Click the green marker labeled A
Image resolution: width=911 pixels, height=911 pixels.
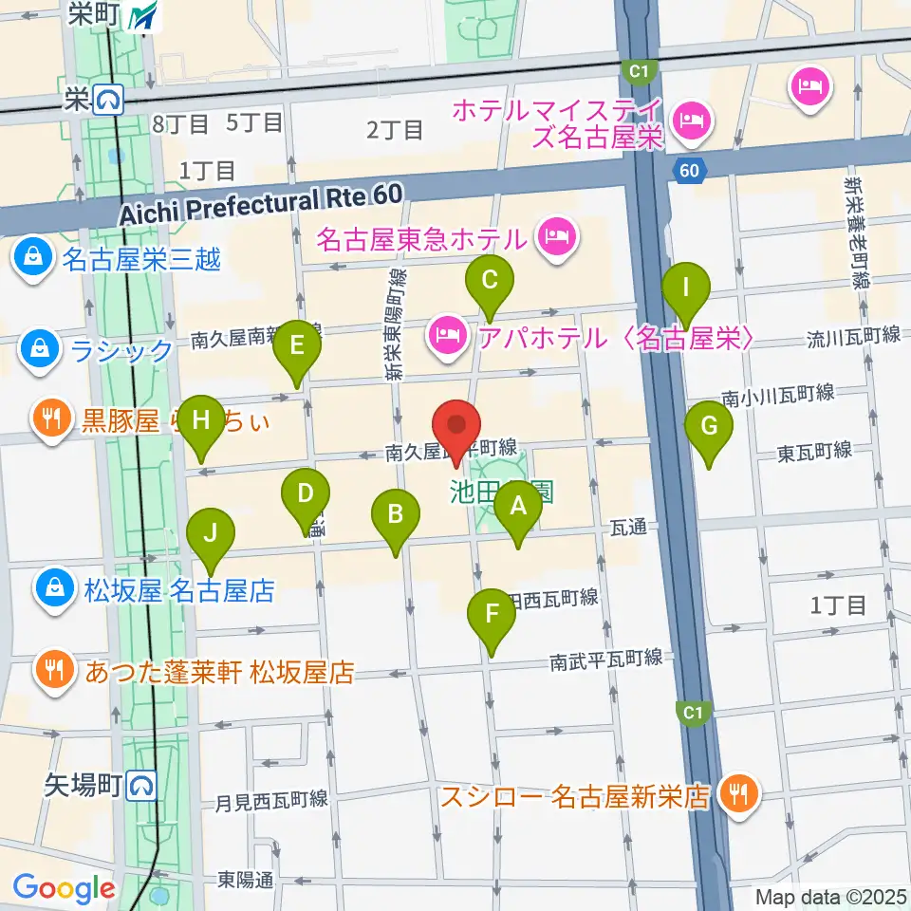518,507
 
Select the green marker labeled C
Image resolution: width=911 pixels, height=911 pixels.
490,282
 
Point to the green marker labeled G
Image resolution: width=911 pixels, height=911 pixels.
709,427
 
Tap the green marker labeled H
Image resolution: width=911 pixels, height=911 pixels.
200,421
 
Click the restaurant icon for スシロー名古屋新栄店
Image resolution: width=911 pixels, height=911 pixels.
736,793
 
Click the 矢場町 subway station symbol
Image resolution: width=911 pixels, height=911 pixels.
142,784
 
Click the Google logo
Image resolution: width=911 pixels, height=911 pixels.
64,888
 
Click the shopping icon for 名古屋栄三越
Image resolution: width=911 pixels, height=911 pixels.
33,256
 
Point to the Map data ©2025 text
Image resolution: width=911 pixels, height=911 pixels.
829,896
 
